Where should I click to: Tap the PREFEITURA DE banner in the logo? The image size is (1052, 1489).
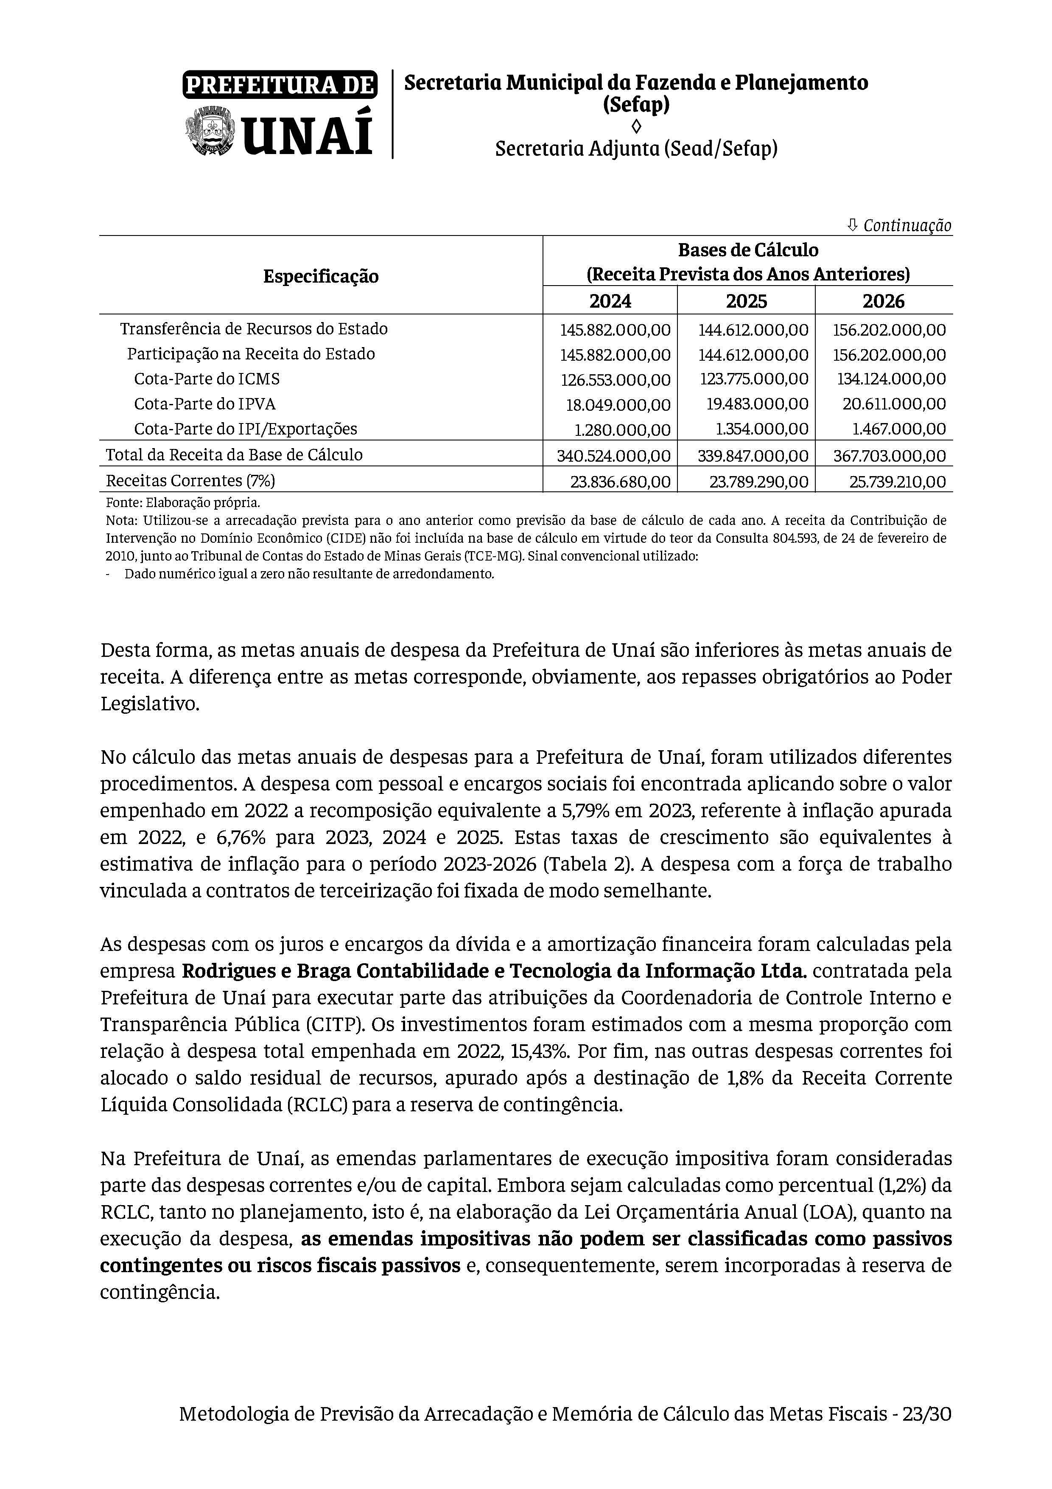point(280,85)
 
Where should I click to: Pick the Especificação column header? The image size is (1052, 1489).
point(321,276)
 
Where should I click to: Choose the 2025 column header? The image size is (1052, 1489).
point(746,301)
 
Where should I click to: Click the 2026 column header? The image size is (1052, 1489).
point(884,301)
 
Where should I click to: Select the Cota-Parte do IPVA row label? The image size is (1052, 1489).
point(205,404)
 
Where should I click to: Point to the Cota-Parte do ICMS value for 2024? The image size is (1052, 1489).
point(615,379)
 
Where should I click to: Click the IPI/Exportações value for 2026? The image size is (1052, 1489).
point(895,429)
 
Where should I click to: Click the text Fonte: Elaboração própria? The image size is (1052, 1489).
point(183,502)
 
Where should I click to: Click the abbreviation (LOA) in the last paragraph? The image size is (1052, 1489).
point(828,1212)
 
